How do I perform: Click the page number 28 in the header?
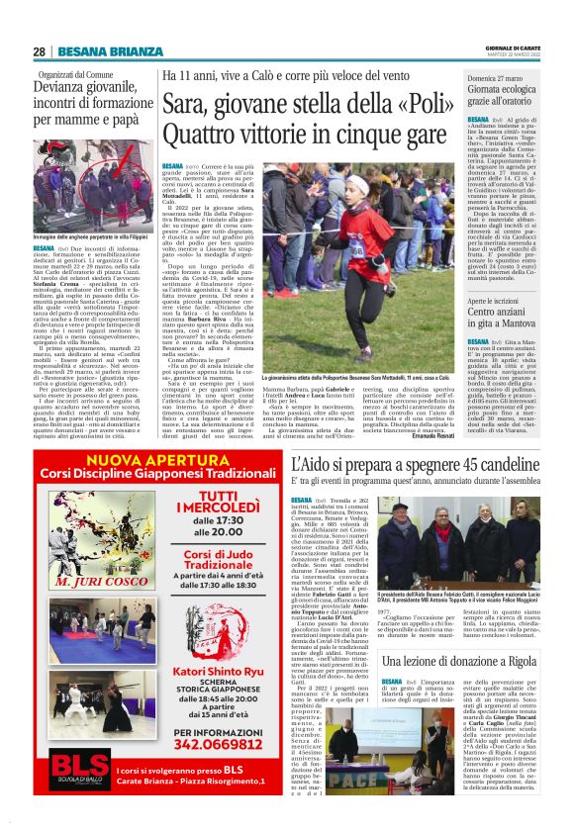[x=39, y=51]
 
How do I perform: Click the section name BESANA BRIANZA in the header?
[x=95, y=51]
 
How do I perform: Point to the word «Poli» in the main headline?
[x=437, y=101]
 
